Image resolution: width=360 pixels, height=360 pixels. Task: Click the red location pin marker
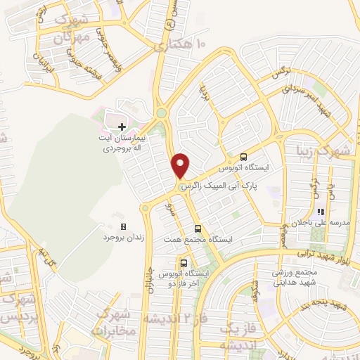coord(181,165)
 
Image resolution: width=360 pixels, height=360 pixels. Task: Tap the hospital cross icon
coord(122,127)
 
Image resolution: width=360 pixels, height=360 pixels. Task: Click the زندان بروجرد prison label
coord(123,239)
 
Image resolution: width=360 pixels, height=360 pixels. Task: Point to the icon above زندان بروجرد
coord(123,227)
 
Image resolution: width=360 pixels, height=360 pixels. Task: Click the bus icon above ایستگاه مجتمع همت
coord(197,228)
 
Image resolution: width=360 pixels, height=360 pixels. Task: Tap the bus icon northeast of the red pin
coord(243,157)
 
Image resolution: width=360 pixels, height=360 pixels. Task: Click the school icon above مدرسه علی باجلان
coord(320,211)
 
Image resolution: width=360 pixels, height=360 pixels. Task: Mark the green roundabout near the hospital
coord(161,112)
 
